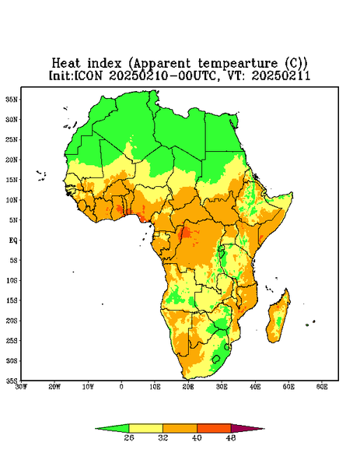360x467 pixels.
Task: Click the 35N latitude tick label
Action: [x=12, y=100]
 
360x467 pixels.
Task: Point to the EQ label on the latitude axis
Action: [x=12, y=240]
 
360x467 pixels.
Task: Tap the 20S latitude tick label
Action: [x=12, y=321]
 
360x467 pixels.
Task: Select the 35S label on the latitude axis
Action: [x=12, y=381]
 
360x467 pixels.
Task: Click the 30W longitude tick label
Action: [x=21, y=387]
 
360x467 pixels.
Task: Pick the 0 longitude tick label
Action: [x=121, y=387]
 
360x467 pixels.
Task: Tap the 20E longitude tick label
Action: [x=188, y=387]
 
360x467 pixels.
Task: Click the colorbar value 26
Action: [x=129, y=437]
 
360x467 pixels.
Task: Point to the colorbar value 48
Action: [x=231, y=437]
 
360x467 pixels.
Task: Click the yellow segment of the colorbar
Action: [x=145, y=429]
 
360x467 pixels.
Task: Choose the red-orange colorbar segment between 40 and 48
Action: [x=214, y=429]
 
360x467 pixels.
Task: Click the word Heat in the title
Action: [x=66, y=63]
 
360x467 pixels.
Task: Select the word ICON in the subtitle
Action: [x=89, y=75]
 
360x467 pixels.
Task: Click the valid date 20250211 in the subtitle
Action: [x=281, y=75]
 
